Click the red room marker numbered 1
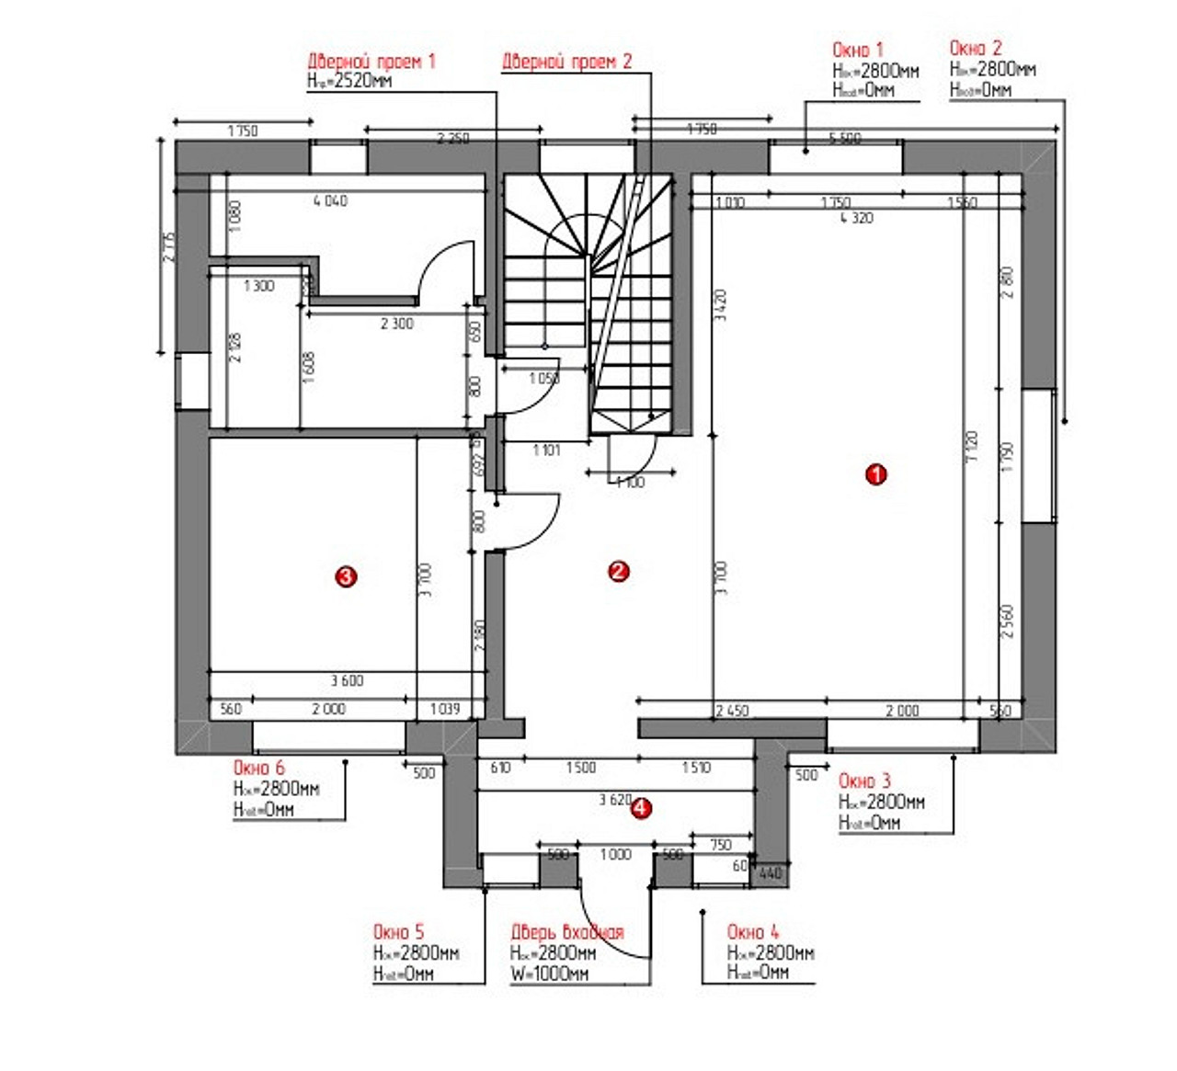pyautogui.click(x=876, y=474)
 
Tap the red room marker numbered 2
pyautogui.click(x=619, y=571)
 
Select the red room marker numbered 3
pyautogui.click(x=345, y=576)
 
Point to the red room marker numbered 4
pyautogui.click(x=642, y=809)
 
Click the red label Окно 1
pyautogui.click(x=857, y=50)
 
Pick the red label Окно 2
pyautogui.click(x=976, y=48)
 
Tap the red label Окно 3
pyautogui.click(x=864, y=781)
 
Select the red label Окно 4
pyautogui.click(x=752, y=932)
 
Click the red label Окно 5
pyautogui.click(x=398, y=932)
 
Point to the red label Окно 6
pyautogui.click(x=258, y=768)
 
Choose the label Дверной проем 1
pyautogui.click(x=371, y=62)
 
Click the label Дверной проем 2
pyautogui.click(x=566, y=62)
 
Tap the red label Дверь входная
pyautogui.click(x=566, y=932)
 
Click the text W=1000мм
pyautogui.click(x=549, y=974)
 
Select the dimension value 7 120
pyautogui.click(x=973, y=446)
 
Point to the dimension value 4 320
pyautogui.click(x=856, y=219)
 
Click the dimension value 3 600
pyautogui.click(x=347, y=681)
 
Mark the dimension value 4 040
pyautogui.click(x=330, y=200)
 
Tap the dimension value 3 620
pyautogui.click(x=614, y=800)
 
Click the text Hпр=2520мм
pyautogui.click(x=349, y=82)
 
